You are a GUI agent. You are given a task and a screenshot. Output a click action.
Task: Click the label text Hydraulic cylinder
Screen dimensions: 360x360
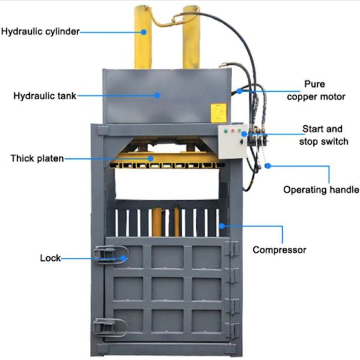[40, 31]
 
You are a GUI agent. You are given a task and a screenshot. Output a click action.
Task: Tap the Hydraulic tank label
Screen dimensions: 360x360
[44, 95]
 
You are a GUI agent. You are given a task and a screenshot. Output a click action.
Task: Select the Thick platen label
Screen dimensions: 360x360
[37, 158]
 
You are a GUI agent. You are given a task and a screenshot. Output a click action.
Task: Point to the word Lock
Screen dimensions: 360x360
[50, 258]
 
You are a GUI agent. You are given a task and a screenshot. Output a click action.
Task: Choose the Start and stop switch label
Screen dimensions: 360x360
[322, 135]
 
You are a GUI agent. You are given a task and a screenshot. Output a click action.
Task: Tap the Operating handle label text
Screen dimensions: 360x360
[321, 190]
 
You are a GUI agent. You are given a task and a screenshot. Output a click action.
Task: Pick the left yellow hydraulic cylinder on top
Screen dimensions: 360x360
[144, 37]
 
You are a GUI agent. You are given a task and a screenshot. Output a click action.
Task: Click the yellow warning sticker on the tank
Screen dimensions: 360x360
[218, 112]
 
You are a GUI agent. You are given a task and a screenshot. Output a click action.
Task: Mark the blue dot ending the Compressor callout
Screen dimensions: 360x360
[221, 226]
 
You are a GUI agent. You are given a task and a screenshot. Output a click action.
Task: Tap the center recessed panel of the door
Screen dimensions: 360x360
[167, 288]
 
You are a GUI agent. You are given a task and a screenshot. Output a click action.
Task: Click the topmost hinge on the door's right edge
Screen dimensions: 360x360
[233, 248]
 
